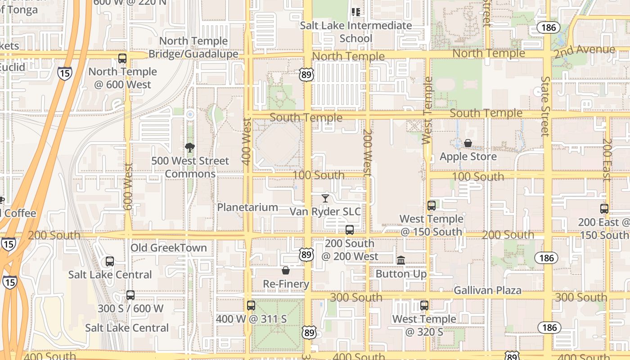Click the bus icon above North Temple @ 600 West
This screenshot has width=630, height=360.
[122, 58]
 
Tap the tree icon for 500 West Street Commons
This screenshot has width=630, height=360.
[190, 147]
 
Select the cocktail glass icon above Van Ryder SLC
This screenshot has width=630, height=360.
[325, 198]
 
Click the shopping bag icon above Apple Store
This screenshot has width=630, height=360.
[468, 143]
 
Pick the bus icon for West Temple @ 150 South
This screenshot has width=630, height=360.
[431, 206]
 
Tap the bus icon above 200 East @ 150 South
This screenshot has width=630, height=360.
[604, 208]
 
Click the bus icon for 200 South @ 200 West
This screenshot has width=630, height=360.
[349, 230]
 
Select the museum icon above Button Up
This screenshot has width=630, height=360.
[400, 260]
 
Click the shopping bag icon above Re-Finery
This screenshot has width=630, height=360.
[285, 270]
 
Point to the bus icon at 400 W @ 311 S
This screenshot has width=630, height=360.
[251, 305]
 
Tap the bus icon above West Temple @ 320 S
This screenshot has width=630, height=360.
[424, 305]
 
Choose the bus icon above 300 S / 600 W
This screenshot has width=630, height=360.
[130, 295]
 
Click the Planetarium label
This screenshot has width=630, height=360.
[247, 207]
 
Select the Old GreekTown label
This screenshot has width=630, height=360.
[169, 248]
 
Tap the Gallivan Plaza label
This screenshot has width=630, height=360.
[487, 290]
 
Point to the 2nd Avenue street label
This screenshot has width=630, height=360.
[584, 51]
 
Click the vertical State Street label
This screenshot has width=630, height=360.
[545, 106]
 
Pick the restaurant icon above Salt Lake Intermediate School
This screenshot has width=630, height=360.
[356, 12]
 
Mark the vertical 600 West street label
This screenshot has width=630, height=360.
[128, 186]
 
